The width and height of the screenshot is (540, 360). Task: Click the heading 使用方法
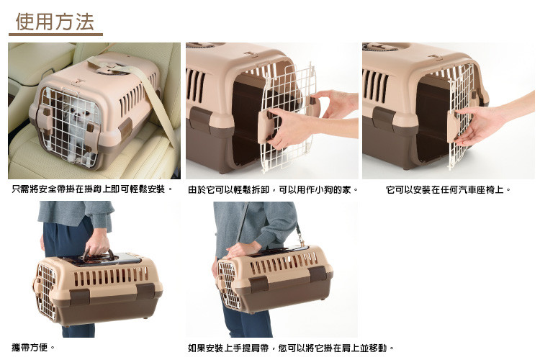(55, 22)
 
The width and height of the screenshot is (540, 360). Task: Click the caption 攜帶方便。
(33, 347)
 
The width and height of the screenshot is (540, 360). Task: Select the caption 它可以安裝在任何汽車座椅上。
(448, 190)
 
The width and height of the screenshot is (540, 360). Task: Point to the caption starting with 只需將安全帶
(92, 189)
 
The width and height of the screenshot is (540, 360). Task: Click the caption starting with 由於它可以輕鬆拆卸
(274, 190)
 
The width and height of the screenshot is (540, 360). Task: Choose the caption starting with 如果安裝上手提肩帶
(291, 348)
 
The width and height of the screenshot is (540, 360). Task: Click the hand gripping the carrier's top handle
(97, 243)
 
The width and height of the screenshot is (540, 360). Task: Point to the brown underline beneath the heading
(55, 35)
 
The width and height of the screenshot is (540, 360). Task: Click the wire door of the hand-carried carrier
(47, 291)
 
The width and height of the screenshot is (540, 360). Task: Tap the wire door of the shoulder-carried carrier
(228, 284)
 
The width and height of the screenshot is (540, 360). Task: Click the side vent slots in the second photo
(196, 84)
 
